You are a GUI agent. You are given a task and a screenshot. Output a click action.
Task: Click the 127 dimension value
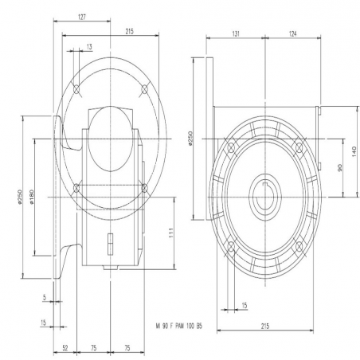point(82,18)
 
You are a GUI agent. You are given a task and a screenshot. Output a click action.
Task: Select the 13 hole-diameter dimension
point(89,47)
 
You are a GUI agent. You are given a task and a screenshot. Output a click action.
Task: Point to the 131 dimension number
point(236,33)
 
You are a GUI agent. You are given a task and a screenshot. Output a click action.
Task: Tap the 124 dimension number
point(292,33)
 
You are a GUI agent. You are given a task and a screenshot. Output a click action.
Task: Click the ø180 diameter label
point(32,197)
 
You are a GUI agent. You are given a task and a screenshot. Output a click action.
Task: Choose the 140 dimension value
point(354,152)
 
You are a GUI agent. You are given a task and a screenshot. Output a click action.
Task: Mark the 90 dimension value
point(340,168)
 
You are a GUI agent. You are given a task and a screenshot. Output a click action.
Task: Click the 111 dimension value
point(171,233)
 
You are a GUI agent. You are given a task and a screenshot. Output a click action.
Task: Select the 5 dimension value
point(45,298)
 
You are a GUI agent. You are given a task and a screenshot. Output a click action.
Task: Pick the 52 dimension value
point(65,348)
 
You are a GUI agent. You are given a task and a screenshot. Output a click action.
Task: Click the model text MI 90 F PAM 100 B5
point(179,326)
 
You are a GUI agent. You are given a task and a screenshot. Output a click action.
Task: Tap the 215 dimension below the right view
point(264,326)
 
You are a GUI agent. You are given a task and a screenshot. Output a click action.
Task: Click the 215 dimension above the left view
point(129,31)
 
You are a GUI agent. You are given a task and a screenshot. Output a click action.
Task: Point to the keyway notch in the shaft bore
point(265,185)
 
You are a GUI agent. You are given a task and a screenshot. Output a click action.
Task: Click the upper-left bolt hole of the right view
point(231,147)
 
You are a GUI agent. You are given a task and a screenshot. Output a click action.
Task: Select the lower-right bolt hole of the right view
point(299,248)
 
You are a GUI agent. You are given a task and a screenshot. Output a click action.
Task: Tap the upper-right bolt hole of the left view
point(144,89)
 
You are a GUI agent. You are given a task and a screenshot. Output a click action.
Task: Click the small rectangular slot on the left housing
point(111,244)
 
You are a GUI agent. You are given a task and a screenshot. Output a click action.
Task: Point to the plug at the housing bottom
point(111,268)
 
